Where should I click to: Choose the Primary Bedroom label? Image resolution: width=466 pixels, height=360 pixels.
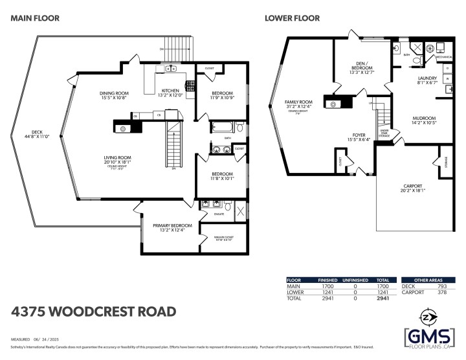point(169,226)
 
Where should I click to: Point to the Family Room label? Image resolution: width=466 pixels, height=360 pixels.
point(299,102)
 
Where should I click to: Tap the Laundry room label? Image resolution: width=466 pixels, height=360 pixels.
point(427,79)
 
